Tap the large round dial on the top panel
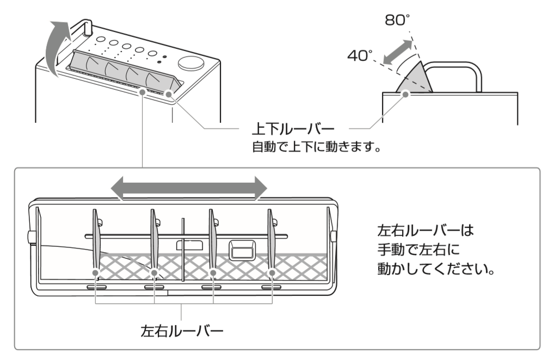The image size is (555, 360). (190, 64)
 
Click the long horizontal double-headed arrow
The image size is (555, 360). (189, 188)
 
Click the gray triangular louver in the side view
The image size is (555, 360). (415, 79)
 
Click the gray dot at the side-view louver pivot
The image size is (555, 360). (405, 94)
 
